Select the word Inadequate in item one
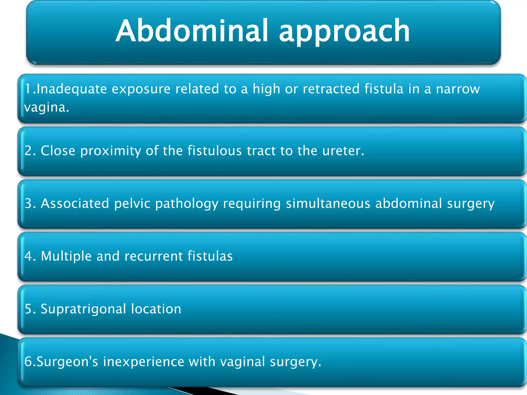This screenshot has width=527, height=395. coord(72,89)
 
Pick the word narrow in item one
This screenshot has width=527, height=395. coord(458,89)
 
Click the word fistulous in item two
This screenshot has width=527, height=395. coord(215,151)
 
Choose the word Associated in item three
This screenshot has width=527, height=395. coord(75,203)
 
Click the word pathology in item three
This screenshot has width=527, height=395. coord(187,204)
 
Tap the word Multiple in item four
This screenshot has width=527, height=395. coord(66,256)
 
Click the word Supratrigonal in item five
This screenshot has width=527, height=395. coord(83,309)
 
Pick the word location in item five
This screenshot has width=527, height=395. coord(156,309)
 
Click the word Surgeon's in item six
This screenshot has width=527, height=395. coord(67,362)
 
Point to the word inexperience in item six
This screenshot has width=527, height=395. coord(144,362)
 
